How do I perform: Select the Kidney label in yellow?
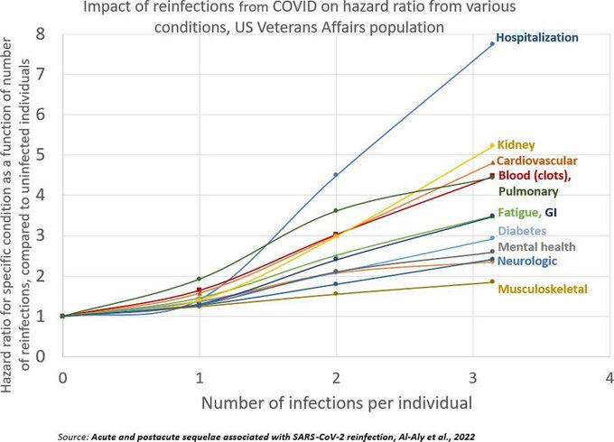point(516,144)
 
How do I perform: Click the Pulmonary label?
point(528,191)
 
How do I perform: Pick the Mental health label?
point(537,246)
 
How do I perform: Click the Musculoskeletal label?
point(544,289)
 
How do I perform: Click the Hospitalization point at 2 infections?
point(336,175)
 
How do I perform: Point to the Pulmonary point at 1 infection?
point(199,279)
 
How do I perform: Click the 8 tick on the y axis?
point(39,34)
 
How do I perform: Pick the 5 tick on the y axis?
point(39,155)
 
